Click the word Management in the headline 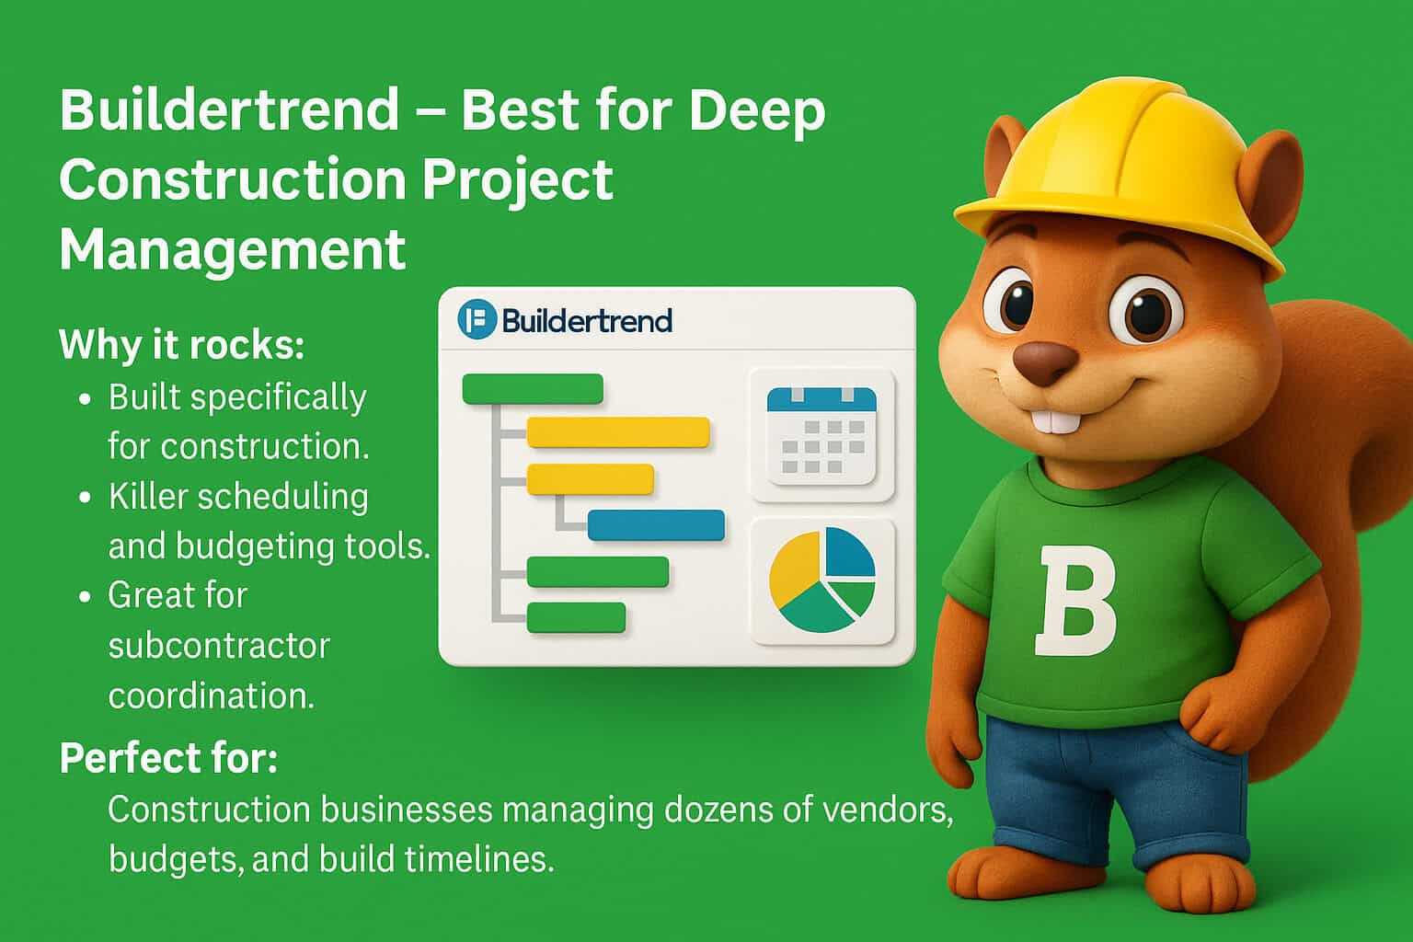[232, 248]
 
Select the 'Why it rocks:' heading [181, 345]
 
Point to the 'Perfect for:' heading [168, 759]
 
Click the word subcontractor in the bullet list [219, 646]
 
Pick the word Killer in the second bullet [147, 497]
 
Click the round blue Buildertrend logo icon [477, 320]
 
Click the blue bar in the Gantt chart [655, 525]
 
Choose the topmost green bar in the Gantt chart [532, 388]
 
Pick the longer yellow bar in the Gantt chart [617, 431]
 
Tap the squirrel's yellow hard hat [1118, 166]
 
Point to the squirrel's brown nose [1043, 361]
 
